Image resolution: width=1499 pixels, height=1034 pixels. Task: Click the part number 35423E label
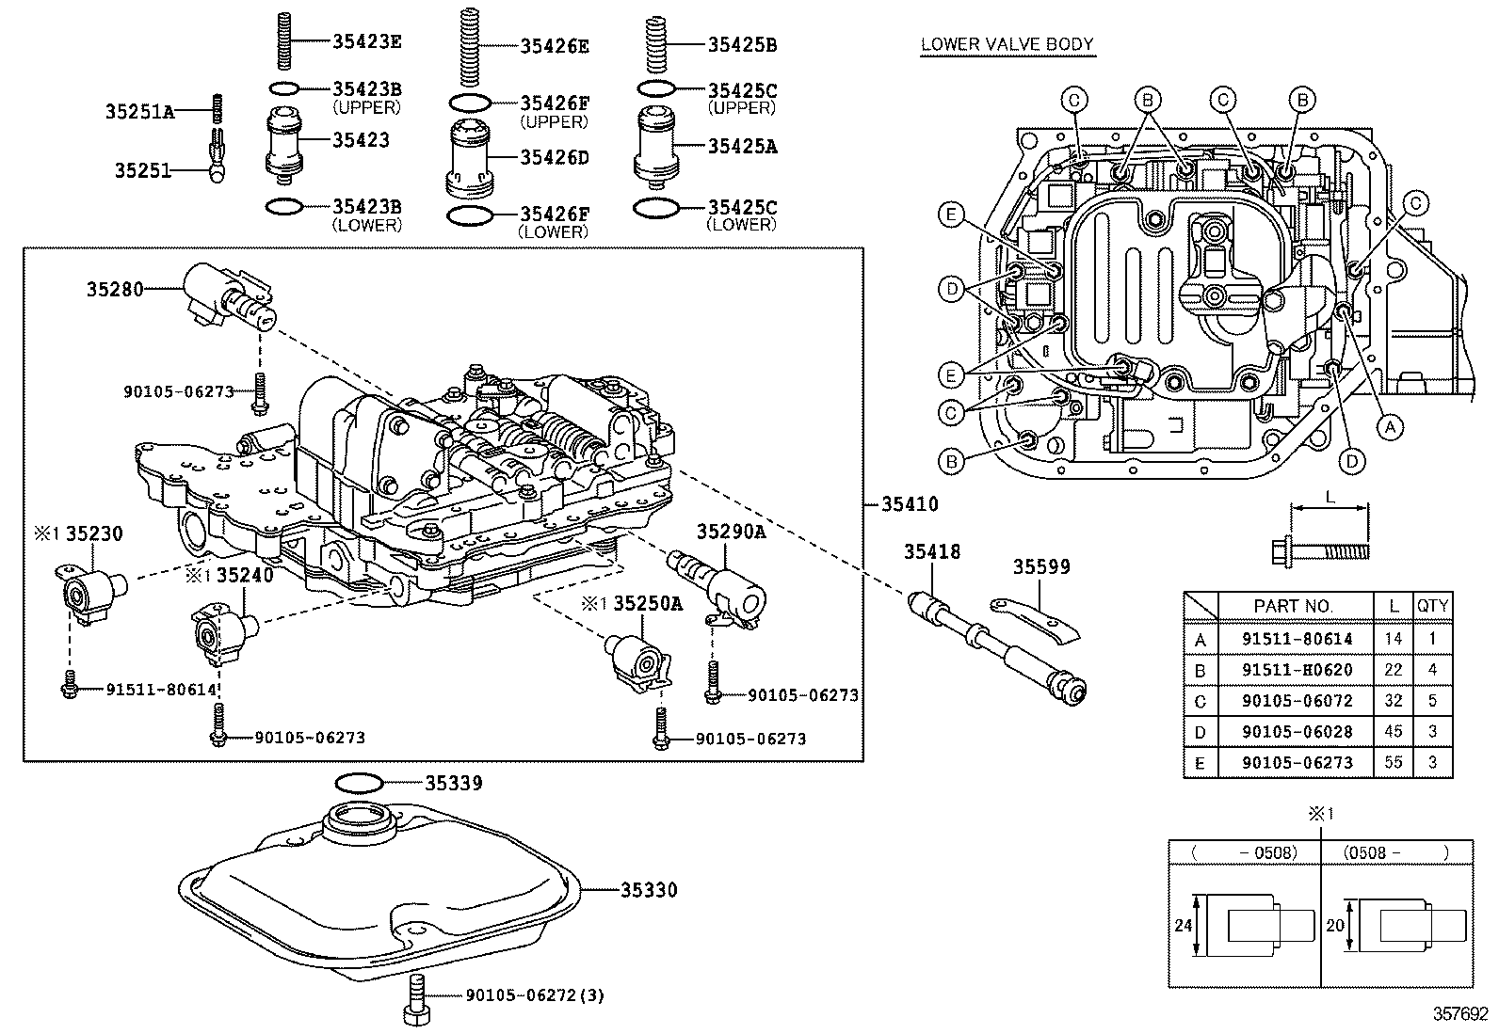[x=367, y=40]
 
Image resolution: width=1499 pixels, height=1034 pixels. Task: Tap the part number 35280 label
[x=115, y=290]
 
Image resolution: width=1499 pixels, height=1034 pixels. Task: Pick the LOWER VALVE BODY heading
[x=1007, y=43]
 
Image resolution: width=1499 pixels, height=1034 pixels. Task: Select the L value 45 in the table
[x=1393, y=731]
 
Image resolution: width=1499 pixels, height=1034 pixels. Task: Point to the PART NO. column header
[x=1294, y=607]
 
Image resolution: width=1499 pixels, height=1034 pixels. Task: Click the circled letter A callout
[x=1389, y=426]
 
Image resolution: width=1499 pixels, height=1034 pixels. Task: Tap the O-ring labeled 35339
[x=358, y=783]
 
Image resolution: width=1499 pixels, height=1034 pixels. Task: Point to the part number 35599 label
[x=1041, y=566]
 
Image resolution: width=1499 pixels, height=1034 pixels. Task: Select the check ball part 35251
[x=218, y=166]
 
